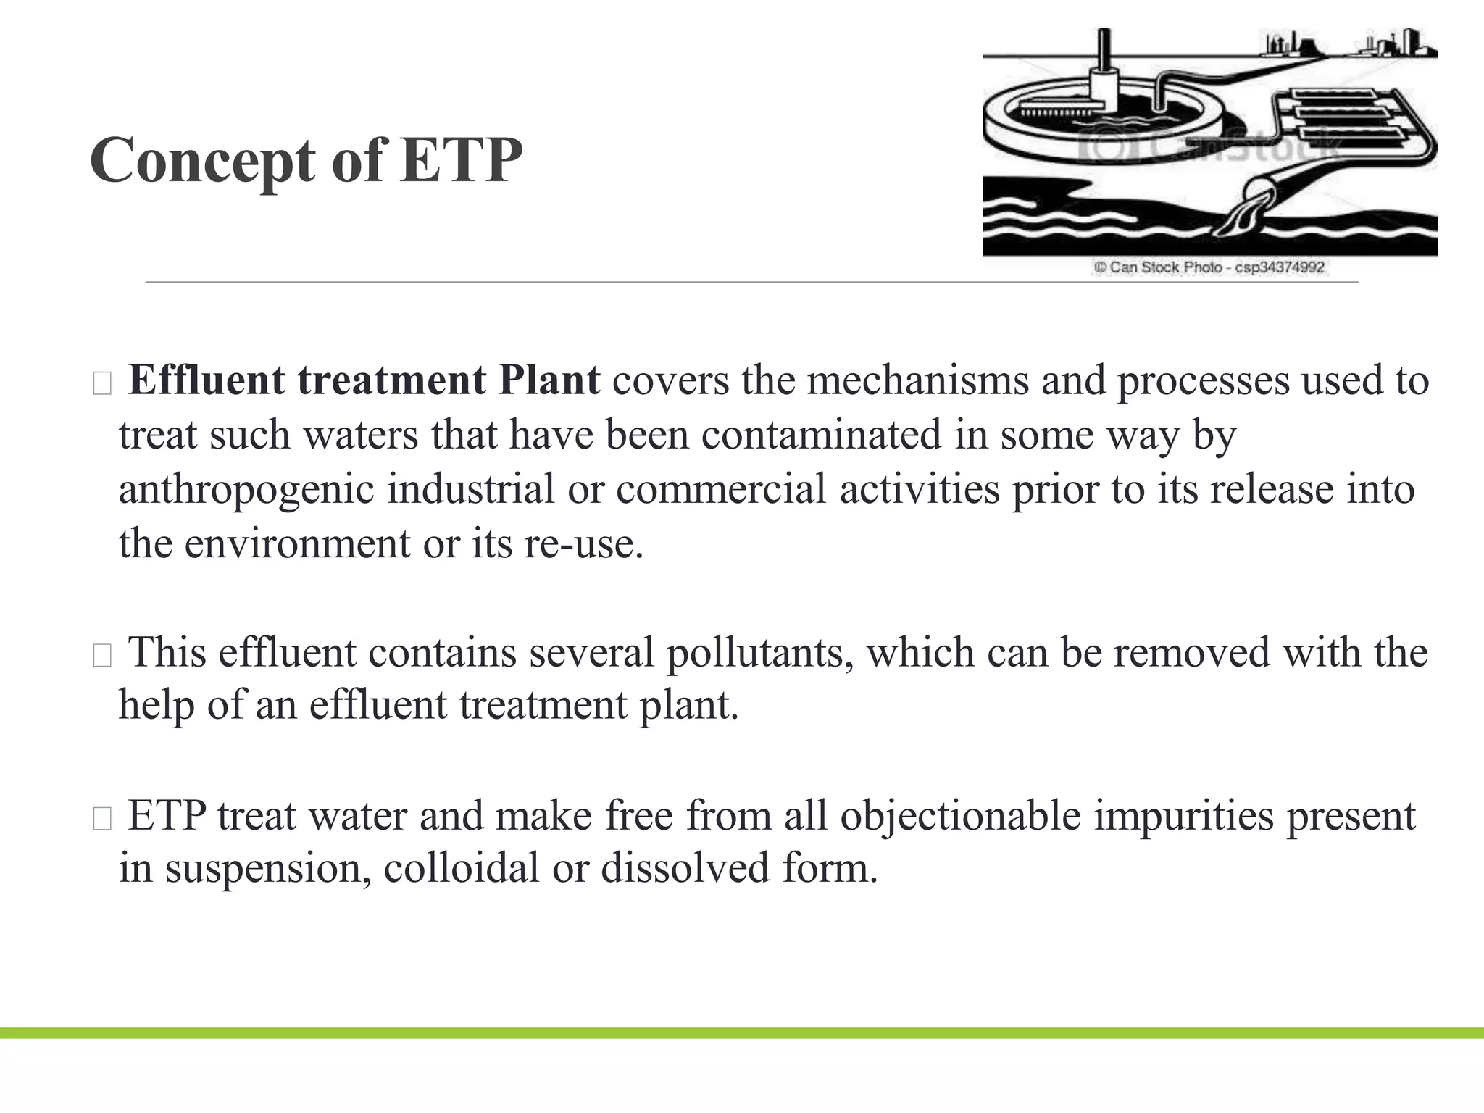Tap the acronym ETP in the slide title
click(461, 160)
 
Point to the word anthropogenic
click(246, 489)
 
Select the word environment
click(297, 543)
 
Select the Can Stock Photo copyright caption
click(1209, 267)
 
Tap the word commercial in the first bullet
click(721, 489)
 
